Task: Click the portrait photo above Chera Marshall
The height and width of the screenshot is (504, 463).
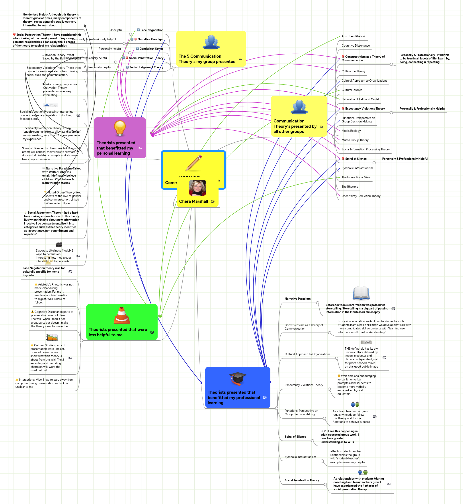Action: (197, 188)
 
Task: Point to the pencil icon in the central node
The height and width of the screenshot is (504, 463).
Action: (193, 163)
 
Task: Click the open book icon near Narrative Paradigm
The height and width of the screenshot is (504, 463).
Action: (361, 293)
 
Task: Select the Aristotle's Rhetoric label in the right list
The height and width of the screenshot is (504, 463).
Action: (354, 36)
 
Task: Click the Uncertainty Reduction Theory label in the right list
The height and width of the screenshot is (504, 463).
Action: (361, 196)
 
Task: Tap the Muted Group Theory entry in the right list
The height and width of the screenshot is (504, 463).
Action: (355, 140)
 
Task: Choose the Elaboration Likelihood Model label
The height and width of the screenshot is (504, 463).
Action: (360, 99)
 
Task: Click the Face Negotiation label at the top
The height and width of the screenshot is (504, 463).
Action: (152, 30)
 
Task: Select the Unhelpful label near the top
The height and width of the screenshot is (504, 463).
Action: (116, 30)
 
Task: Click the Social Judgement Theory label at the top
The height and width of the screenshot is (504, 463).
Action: (146, 67)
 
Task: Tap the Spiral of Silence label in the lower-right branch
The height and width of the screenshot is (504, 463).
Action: (295, 437)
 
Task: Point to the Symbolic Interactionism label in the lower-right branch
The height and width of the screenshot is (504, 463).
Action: (300, 457)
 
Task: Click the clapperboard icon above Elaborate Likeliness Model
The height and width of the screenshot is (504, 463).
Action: (59, 244)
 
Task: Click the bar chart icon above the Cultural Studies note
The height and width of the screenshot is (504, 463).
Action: (52, 337)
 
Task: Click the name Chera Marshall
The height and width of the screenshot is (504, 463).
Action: (193, 201)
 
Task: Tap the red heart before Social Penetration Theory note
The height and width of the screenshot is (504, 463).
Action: (14, 35)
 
